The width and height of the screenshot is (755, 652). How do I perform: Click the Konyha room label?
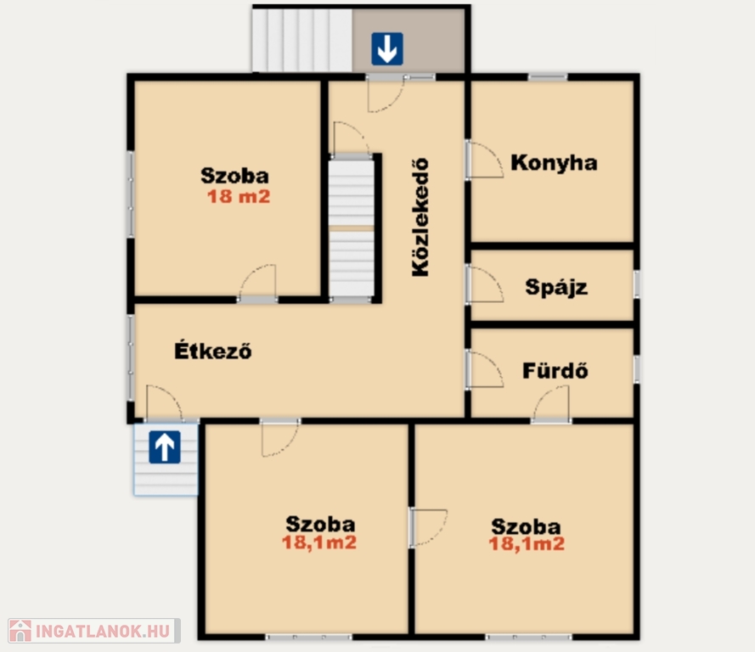[554, 163]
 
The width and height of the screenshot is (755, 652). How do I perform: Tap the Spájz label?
[556, 287]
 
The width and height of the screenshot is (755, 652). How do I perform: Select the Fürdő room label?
[555, 370]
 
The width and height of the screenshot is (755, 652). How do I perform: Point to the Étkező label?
[213, 351]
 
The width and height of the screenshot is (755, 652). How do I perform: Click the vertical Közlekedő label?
[420, 217]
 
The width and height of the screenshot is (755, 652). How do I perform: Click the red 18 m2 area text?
[239, 196]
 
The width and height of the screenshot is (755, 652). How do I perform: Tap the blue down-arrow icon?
[387, 48]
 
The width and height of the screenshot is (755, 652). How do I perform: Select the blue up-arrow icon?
[165, 447]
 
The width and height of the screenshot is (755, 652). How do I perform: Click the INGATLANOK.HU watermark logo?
[94, 630]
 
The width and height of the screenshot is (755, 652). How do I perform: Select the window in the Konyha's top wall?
[548, 76]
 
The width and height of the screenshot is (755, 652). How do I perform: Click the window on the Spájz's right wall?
[637, 284]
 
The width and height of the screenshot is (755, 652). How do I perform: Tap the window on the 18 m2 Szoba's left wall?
[131, 194]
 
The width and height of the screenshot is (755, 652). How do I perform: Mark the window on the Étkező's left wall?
[131, 357]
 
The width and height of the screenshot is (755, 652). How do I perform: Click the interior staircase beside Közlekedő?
[351, 228]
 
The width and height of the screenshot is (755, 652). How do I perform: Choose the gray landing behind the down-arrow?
[408, 41]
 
